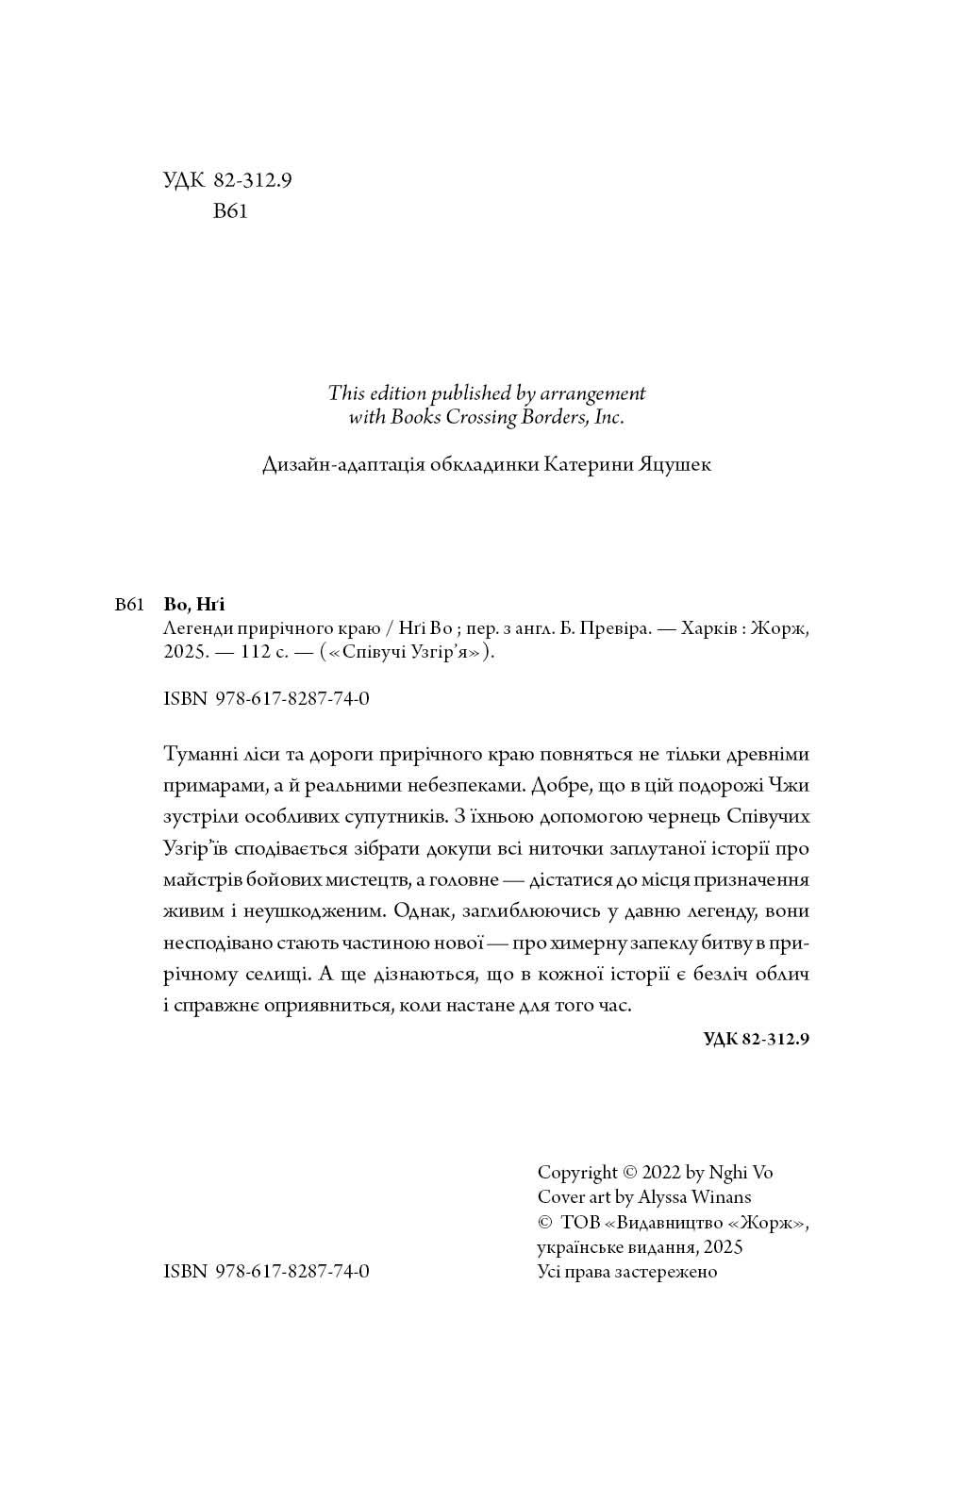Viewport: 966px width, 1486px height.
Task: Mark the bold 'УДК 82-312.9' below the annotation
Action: pos(757,1040)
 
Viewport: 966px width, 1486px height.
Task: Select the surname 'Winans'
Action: pos(721,1197)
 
